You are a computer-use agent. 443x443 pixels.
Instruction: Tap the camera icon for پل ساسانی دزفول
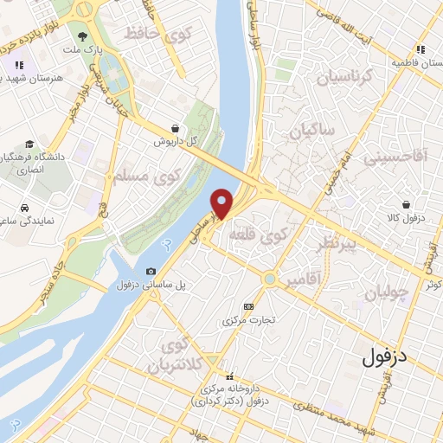click(x=152, y=273)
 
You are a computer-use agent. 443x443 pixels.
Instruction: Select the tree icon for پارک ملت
click(x=83, y=37)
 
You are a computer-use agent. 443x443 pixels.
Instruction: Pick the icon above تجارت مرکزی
click(x=250, y=306)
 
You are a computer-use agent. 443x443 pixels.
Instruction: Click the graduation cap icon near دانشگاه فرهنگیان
click(x=30, y=144)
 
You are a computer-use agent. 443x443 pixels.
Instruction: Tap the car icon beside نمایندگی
click(x=24, y=209)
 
